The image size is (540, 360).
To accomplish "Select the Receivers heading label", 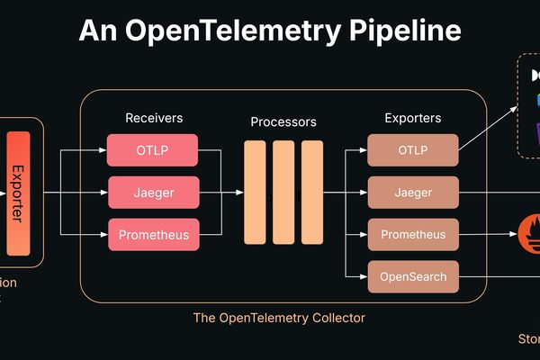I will coord(153,118).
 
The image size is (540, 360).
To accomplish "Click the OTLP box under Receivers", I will coord(153,149).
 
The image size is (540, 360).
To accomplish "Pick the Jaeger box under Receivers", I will coord(153,193).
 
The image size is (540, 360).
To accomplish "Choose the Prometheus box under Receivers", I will coord(153,236).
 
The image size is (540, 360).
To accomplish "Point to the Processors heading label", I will coord(283,121).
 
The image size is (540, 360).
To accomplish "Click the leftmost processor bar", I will coord(255,192).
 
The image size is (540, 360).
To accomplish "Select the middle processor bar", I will coord(283,192).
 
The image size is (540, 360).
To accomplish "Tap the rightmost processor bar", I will coord(311,192).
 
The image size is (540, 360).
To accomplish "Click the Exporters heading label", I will coord(413,118).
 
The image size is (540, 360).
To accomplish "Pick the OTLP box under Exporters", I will coord(413,149).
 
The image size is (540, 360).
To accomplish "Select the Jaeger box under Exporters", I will coord(413,193).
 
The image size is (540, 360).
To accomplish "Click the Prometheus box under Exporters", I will coord(413,236).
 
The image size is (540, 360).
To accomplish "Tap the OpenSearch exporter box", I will coord(413,276).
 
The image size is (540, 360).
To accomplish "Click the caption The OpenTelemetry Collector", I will coord(279,318).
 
